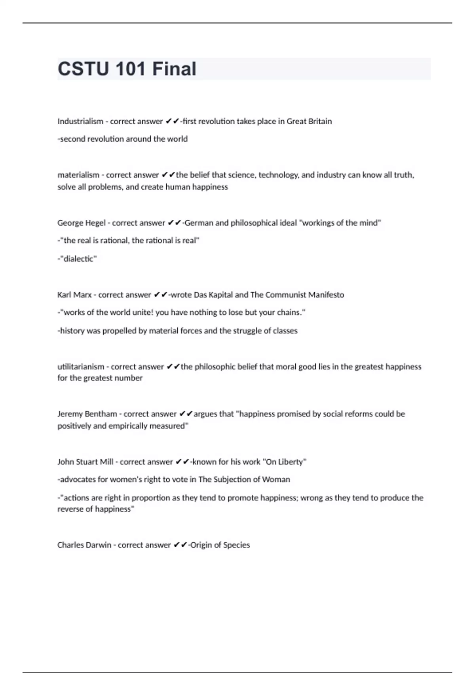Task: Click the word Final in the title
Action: pos(174,69)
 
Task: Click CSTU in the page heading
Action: pos(83,69)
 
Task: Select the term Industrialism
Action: pos(80,122)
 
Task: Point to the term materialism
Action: pos(78,175)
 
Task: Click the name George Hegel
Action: pos(82,223)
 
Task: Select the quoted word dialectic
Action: pos(78,259)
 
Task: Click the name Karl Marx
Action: pos(74,295)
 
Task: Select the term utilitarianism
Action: pos(81,367)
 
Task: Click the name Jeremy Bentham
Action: pos(87,414)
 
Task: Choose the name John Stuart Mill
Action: pos(85,462)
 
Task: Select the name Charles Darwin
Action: pos(84,545)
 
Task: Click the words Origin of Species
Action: pos(220,545)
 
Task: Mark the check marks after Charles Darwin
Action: pos(180,545)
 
